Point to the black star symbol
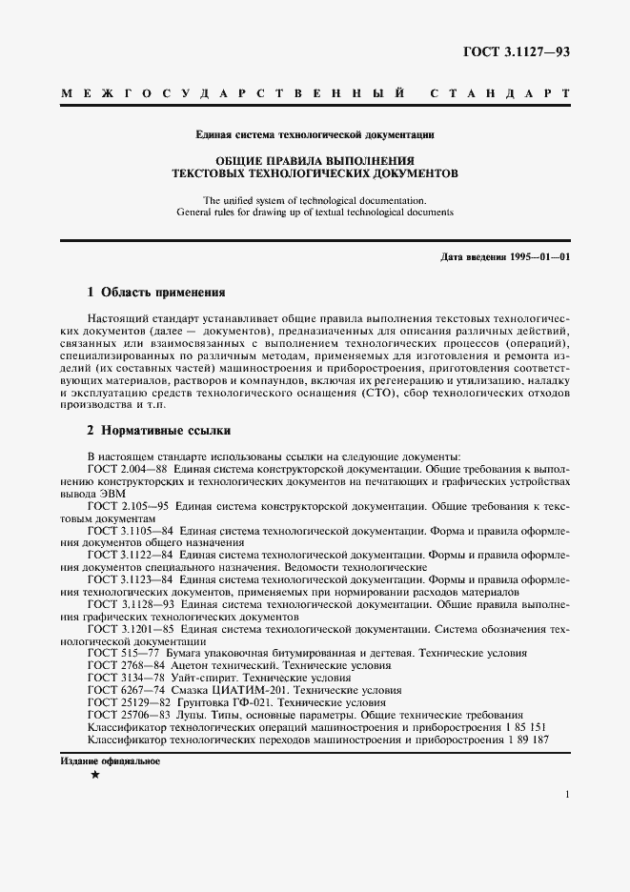(x=94, y=778)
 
